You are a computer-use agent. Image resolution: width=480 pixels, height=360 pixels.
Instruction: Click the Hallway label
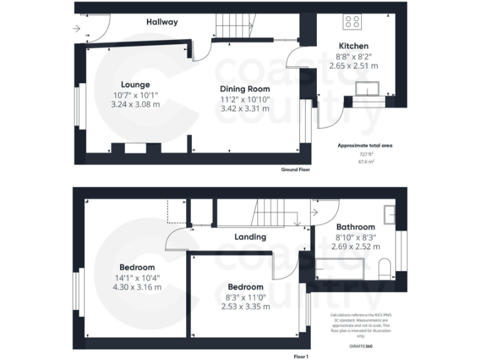pyautogui.click(x=162, y=22)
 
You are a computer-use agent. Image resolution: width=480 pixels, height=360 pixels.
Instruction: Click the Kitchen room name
pyautogui.click(x=353, y=46)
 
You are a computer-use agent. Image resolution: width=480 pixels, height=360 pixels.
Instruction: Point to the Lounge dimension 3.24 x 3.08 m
pyautogui.click(x=135, y=104)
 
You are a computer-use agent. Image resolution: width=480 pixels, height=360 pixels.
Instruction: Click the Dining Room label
pyautogui.click(x=244, y=89)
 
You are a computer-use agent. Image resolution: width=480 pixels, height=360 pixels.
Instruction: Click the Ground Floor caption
pyautogui.click(x=294, y=169)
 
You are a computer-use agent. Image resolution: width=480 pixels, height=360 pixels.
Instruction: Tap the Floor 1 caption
pyautogui.click(x=301, y=356)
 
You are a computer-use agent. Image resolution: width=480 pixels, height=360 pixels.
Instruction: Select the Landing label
pyautogui.click(x=250, y=237)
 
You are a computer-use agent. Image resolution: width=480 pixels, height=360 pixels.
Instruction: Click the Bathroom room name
pyautogui.click(x=356, y=227)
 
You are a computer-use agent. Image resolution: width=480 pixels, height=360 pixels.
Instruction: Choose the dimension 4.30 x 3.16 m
pyautogui.click(x=137, y=287)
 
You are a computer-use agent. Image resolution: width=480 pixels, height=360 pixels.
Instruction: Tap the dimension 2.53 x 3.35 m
pyautogui.click(x=245, y=306)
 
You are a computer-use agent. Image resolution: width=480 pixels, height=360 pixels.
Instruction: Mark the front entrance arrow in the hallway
pyautogui.click(x=76, y=28)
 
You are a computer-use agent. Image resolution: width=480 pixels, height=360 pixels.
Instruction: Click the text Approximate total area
pyautogui.click(x=365, y=145)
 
